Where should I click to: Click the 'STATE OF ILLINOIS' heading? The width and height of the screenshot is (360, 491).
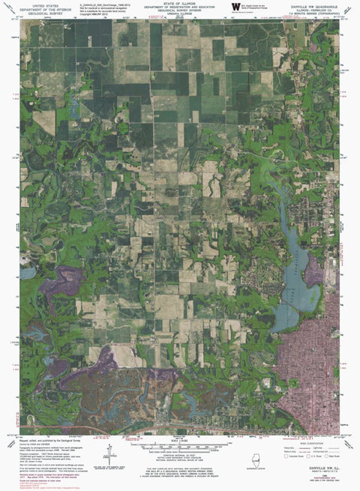[179, 3]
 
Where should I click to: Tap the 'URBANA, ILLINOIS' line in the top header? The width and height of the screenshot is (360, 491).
[179, 16]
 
